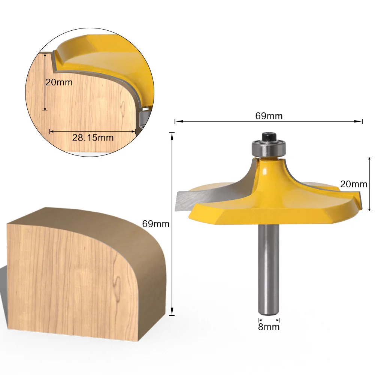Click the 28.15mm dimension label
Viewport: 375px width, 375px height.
(x=93, y=138)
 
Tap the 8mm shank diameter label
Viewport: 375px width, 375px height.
(x=269, y=327)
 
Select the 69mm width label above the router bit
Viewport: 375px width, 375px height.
(x=269, y=116)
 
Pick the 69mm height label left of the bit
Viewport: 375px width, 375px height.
(x=155, y=224)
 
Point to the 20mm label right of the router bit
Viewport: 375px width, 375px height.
(x=354, y=184)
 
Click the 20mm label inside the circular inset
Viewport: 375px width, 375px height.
(x=59, y=82)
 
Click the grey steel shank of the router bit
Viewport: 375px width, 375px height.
(x=269, y=270)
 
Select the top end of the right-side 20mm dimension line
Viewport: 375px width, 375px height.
(x=369, y=158)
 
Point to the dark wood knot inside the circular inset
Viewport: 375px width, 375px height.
(x=122, y=109)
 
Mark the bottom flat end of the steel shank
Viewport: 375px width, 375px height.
(x=269, y=312)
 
